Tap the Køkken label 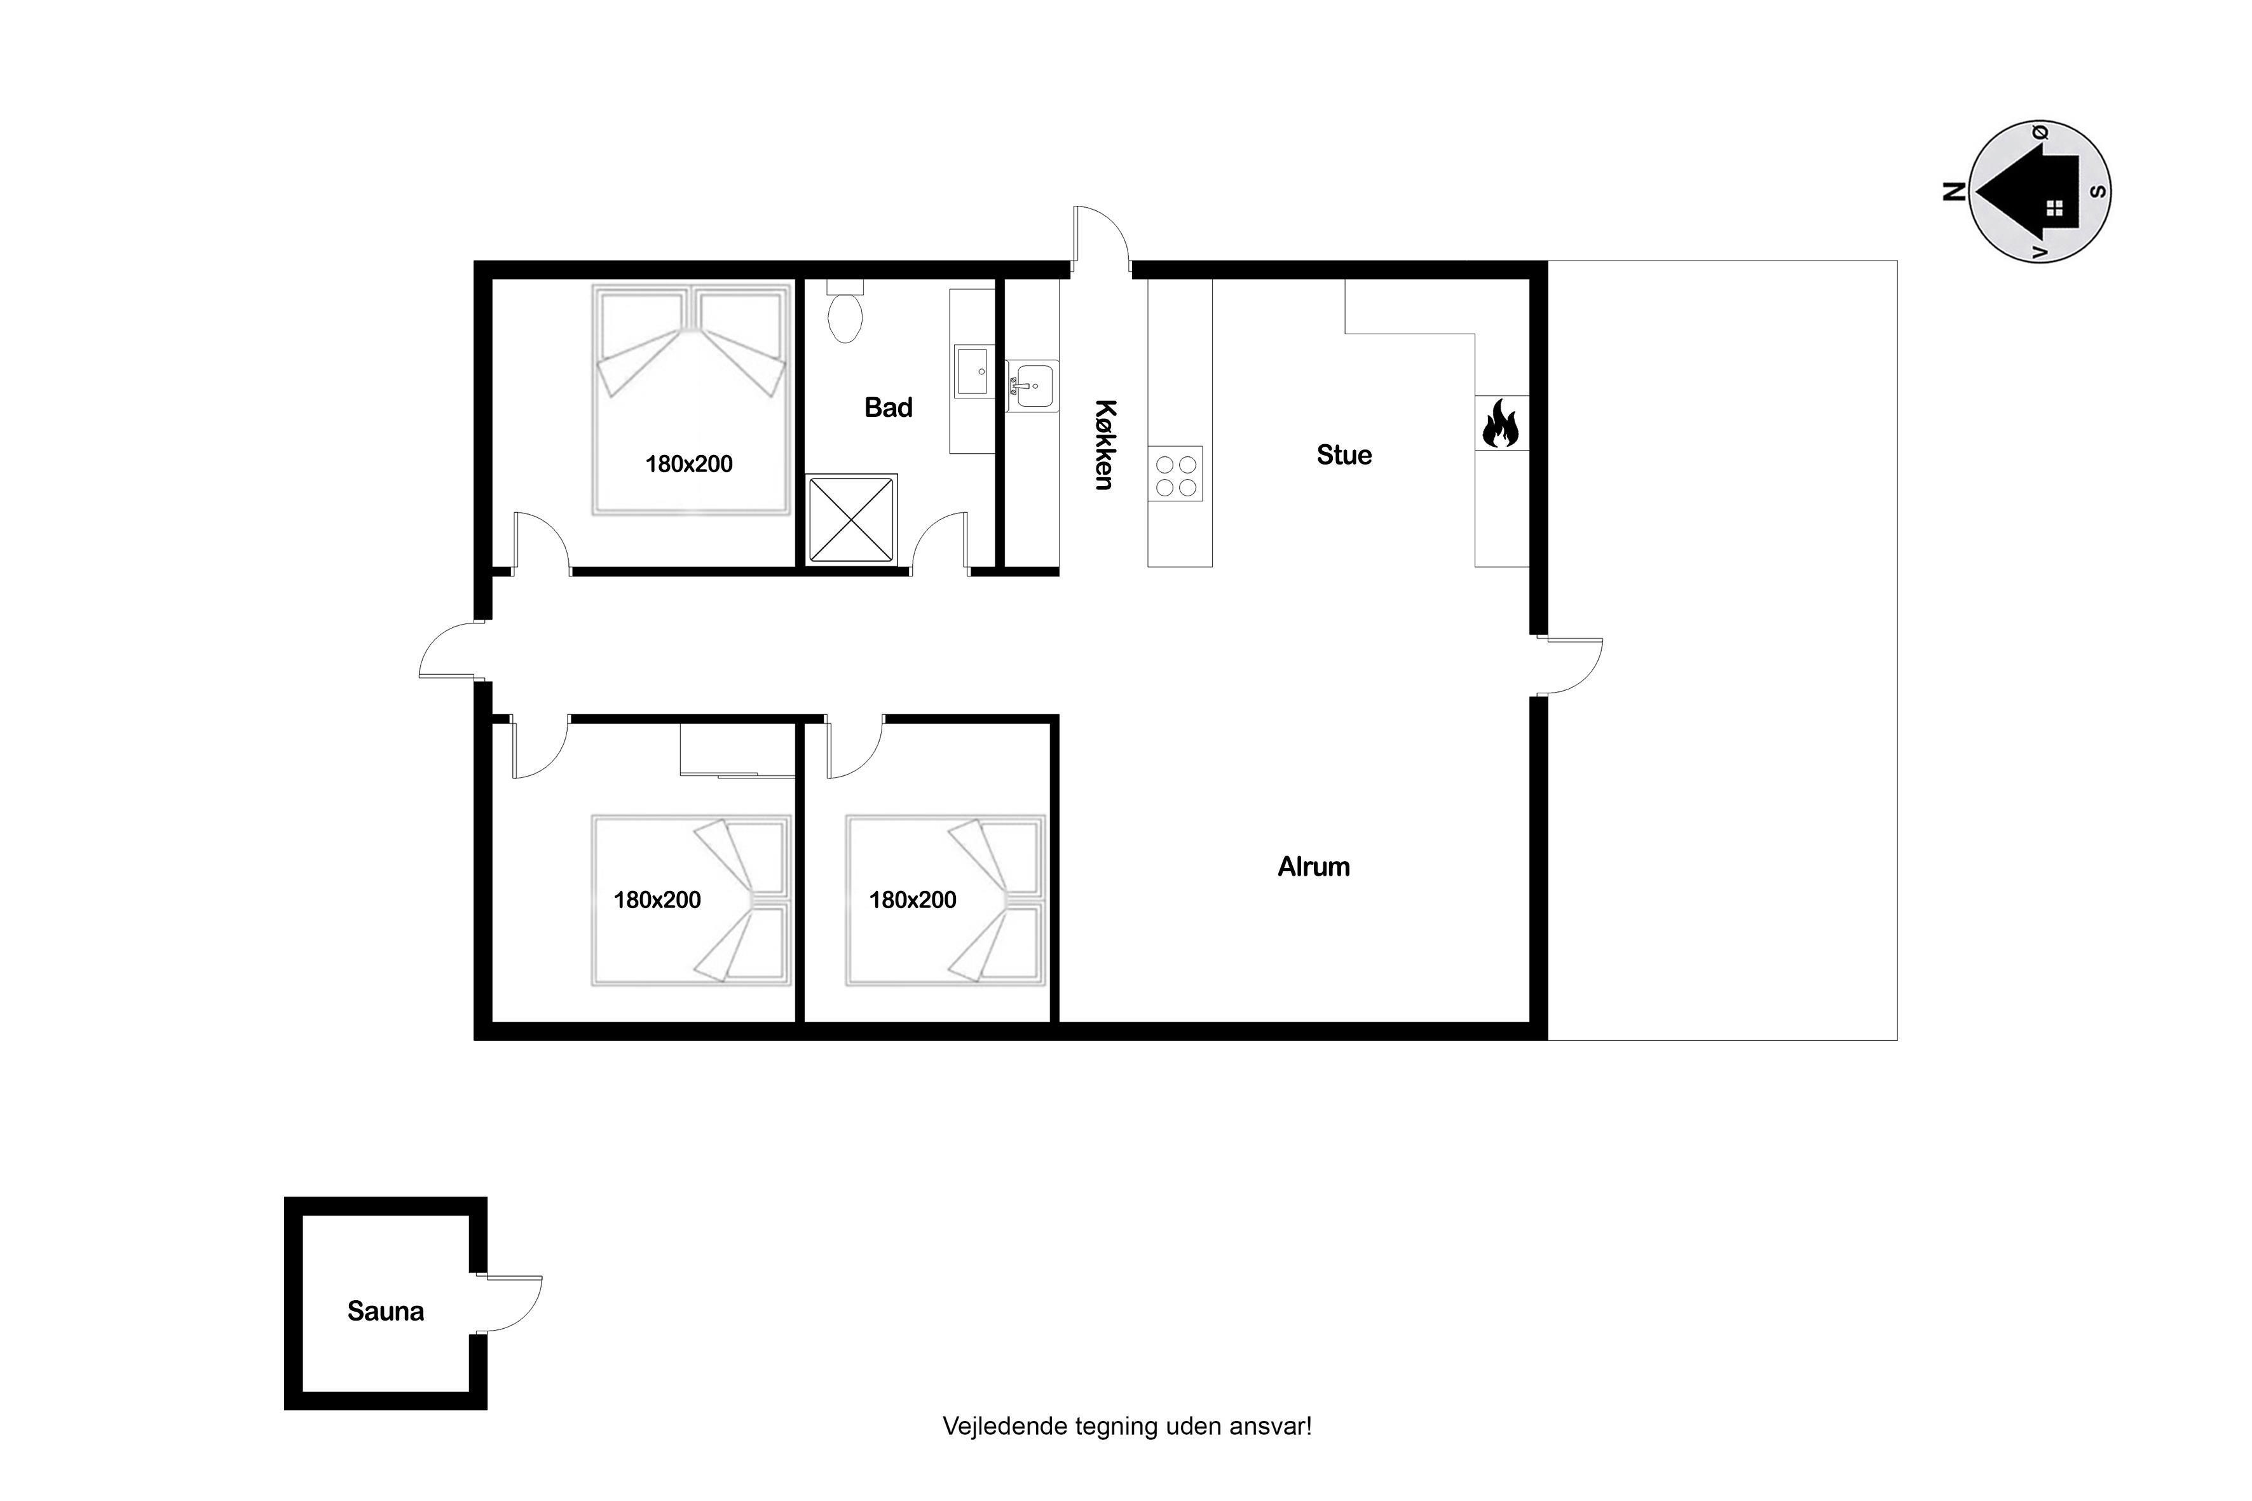1105,445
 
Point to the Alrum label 1314,866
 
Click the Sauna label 385,1310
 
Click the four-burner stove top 1176,475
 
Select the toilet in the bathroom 845,311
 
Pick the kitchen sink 1032,386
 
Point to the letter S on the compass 2098,191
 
